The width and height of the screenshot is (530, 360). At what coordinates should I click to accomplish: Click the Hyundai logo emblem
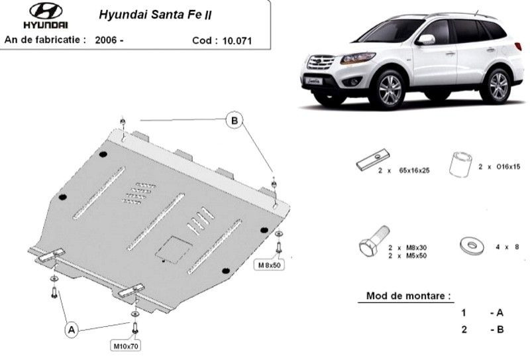pos(46,11)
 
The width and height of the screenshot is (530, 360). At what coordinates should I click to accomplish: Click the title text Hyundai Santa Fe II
pos(155,15)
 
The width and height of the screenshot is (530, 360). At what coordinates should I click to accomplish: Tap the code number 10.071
pos(237,41)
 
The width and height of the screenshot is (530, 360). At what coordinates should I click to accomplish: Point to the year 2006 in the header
pos(106,40)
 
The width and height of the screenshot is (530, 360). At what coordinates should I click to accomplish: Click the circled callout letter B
pos(235,121)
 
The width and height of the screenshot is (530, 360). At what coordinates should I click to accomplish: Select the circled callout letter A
pos(72,330)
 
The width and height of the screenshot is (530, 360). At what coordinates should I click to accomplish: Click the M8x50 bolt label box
pos(269,265)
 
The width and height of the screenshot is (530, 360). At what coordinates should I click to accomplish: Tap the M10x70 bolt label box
pos(126,346)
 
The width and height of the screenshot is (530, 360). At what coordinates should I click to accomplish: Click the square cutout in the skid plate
pos(172,249)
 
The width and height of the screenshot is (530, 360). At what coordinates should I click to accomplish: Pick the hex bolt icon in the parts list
pos(374,242)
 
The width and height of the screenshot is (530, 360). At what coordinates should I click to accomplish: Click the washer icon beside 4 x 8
pos(472,246)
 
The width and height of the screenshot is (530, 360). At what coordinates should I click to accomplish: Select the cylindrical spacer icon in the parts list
pos(460,164)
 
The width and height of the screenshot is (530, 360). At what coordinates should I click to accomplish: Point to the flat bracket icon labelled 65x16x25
pos(373,160)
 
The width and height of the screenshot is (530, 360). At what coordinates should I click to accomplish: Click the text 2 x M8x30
pos(407,247)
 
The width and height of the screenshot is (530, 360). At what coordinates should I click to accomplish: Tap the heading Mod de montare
pos(408,296)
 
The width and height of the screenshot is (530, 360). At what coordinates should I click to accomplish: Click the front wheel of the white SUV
pos(390,90)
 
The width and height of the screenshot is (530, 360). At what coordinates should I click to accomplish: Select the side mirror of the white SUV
pos(425,40)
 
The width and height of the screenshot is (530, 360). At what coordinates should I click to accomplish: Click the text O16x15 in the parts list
pos(508,167)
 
